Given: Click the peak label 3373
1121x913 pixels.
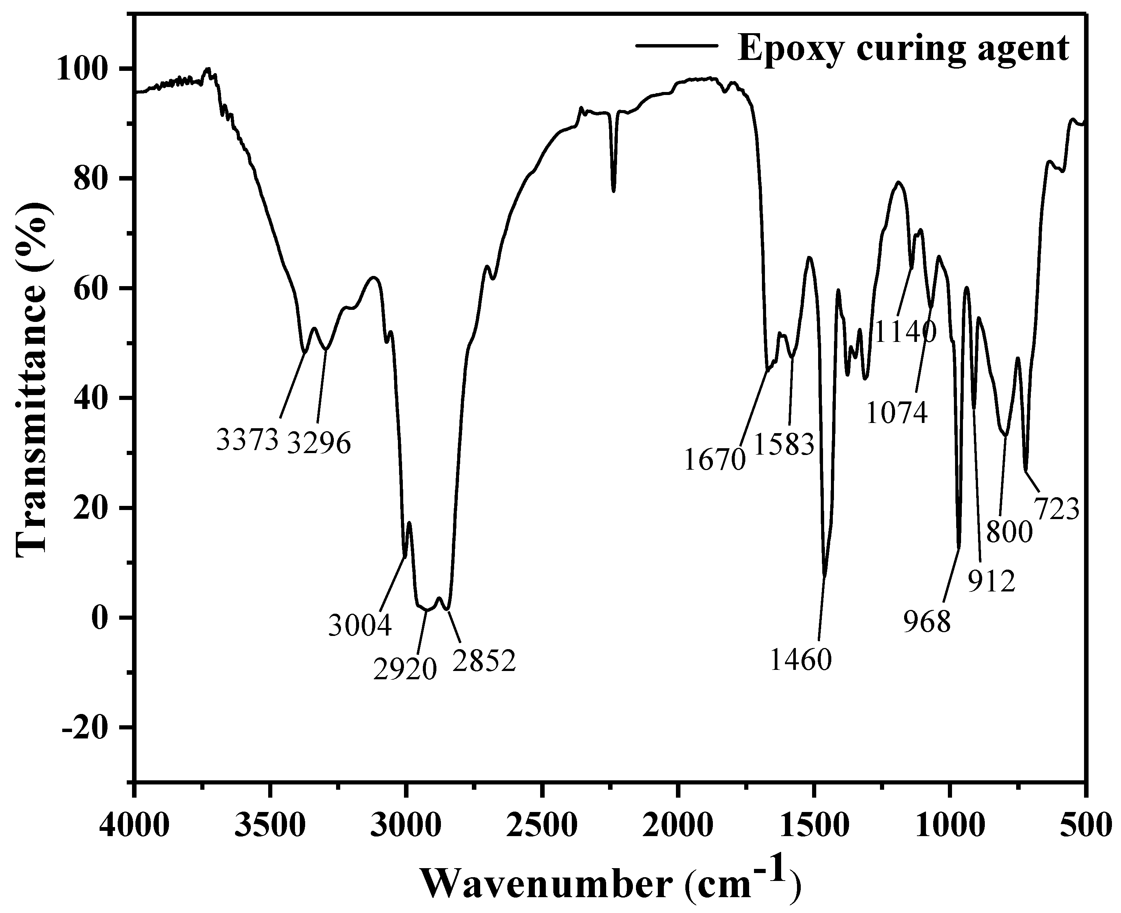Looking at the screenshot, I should [x=247, y=440].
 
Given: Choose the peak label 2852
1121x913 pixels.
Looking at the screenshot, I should [x=484, y=662].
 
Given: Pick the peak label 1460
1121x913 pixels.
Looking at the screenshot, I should [x=800, y=660].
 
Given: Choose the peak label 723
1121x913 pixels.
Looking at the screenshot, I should [x=1057, y=510].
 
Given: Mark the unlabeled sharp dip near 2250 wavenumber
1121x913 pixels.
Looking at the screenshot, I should [x=614, y=190].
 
